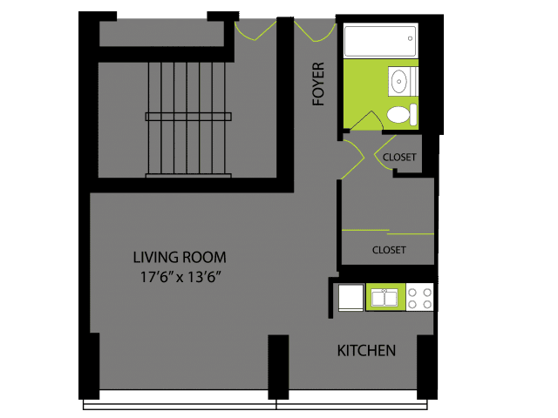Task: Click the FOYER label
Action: click(318, 84)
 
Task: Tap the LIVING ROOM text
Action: click(180, 258)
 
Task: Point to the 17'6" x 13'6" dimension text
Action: click(180, 277)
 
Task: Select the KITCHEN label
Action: click(366, 351)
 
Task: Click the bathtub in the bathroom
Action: click(380, 41)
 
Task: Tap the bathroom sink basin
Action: click(398, 81)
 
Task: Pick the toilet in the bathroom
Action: click(402, 114)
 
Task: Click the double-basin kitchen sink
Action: click(384, 298)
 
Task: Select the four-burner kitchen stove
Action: click(419, 298)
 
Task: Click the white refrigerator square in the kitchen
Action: click(350, 298)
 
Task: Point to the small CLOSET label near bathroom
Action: click(399, 157)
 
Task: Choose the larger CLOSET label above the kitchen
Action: click(389, 250)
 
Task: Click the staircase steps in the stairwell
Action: click(188, 119)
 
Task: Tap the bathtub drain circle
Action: click(410, 38)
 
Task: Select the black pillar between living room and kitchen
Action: click(278, 367)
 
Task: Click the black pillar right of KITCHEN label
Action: click(426, 367)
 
